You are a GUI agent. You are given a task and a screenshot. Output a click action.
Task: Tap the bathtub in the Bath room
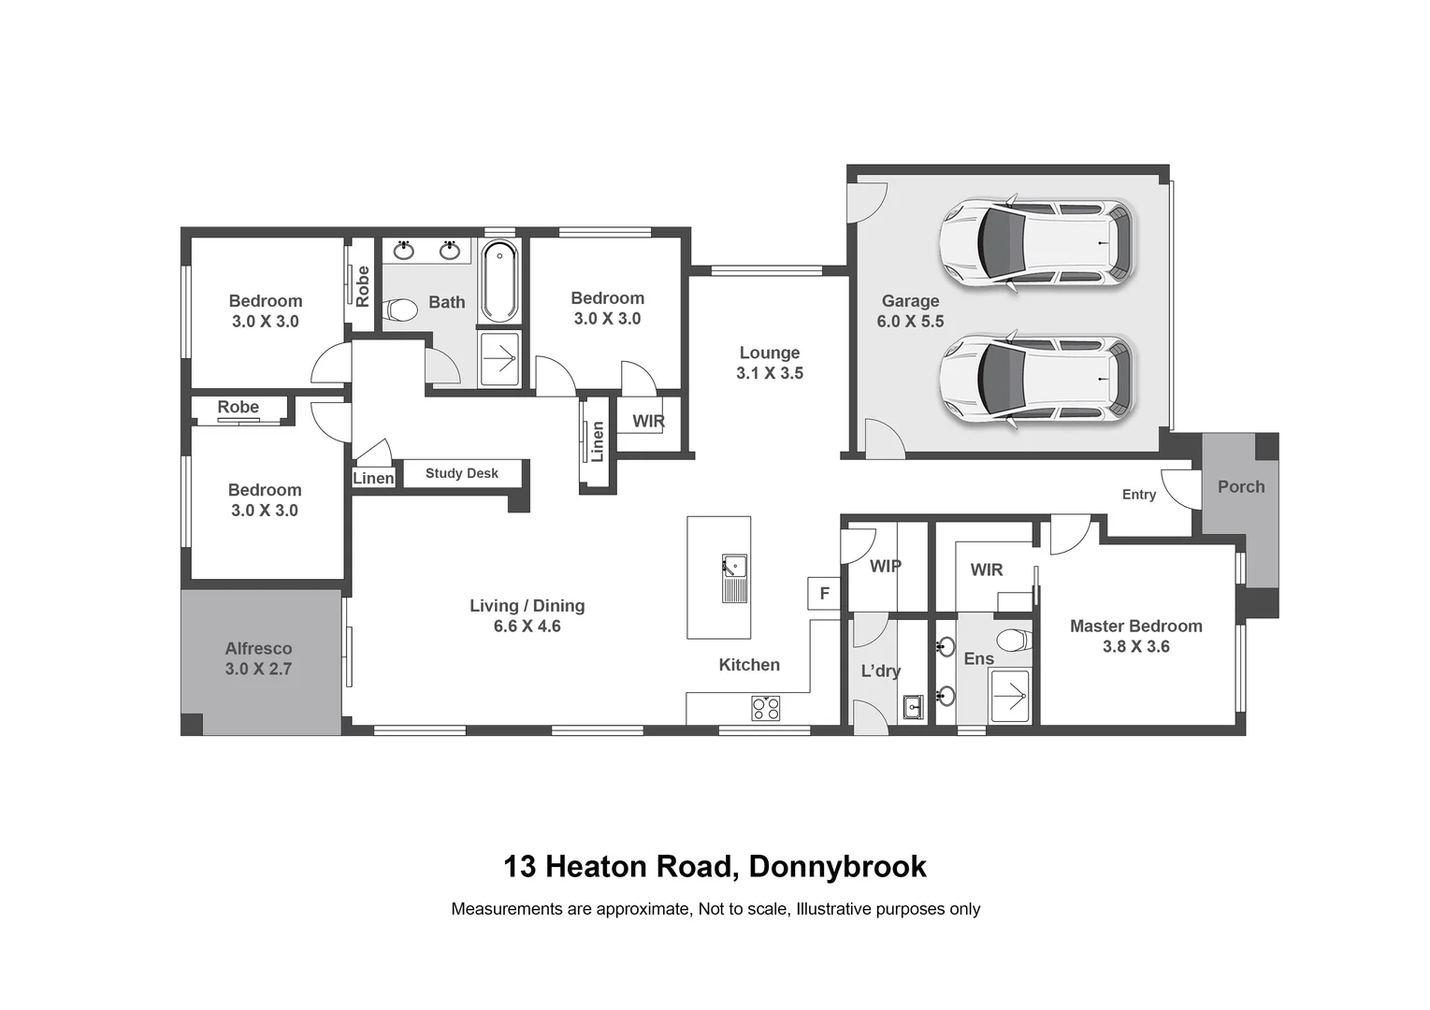coord(498,281)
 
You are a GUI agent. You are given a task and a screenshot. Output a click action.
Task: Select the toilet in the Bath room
coord(401,309)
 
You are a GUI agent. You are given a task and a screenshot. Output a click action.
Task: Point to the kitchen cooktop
coord(765,708)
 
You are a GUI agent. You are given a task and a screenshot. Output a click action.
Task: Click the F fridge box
coord(824,593)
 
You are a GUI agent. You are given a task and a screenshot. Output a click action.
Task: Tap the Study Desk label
coord(462,473)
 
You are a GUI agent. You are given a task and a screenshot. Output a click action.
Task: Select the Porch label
coord(1240,486)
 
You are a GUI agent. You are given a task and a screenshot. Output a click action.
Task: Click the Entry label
coord(1138,495)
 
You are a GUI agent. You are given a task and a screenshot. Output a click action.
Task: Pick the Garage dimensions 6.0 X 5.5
coord(910,322)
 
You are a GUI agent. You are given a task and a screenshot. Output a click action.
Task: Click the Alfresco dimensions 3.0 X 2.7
coord(258,670)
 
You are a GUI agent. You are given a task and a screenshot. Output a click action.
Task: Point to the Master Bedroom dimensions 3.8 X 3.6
coord(1135,647)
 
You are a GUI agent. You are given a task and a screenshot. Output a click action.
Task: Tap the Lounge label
coord(770,353)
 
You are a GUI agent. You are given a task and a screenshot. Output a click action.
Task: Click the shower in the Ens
coord(1009,696)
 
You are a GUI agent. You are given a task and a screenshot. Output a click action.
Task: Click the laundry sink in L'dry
coord(914,707)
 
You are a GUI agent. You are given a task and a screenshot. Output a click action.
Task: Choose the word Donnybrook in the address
coord(837,867)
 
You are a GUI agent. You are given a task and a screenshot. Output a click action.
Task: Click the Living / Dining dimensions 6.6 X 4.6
coord(527,627)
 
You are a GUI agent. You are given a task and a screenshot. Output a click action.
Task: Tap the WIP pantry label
coord(885,566)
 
